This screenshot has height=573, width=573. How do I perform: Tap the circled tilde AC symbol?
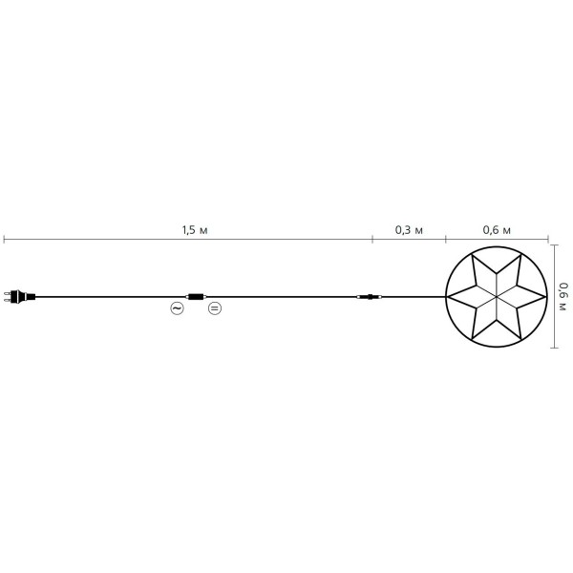pyautogui.click(x=177, y=308)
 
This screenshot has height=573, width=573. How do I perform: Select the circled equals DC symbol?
pyautogui.click(x=214, y=308)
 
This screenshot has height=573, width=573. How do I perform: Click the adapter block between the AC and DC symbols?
pyautogui.click(x=196, y=297)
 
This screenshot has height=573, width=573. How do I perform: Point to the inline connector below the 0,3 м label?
pyautogui.click(x=368, y=298)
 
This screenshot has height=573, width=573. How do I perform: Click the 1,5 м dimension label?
pyautogui.click(x=194, y=231)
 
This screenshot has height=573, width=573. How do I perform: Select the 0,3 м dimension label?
pyautogui.click(x=409, y=231)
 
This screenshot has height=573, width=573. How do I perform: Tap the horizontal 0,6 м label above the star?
pyautogui.click(x=497, y=231)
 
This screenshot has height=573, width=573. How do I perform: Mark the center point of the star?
pyautogui.click(x=498, y=297)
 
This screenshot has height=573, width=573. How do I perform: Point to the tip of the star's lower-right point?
pyautogui.click(x=521, y=338)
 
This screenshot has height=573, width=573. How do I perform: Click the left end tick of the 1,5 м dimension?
pyautogui.click(x=3, y=239)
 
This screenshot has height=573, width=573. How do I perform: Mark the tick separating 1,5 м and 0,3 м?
pyautogui.click(x=372, y=239)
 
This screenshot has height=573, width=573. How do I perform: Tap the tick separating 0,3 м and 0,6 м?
pyautogui.click(x=445, y=239)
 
